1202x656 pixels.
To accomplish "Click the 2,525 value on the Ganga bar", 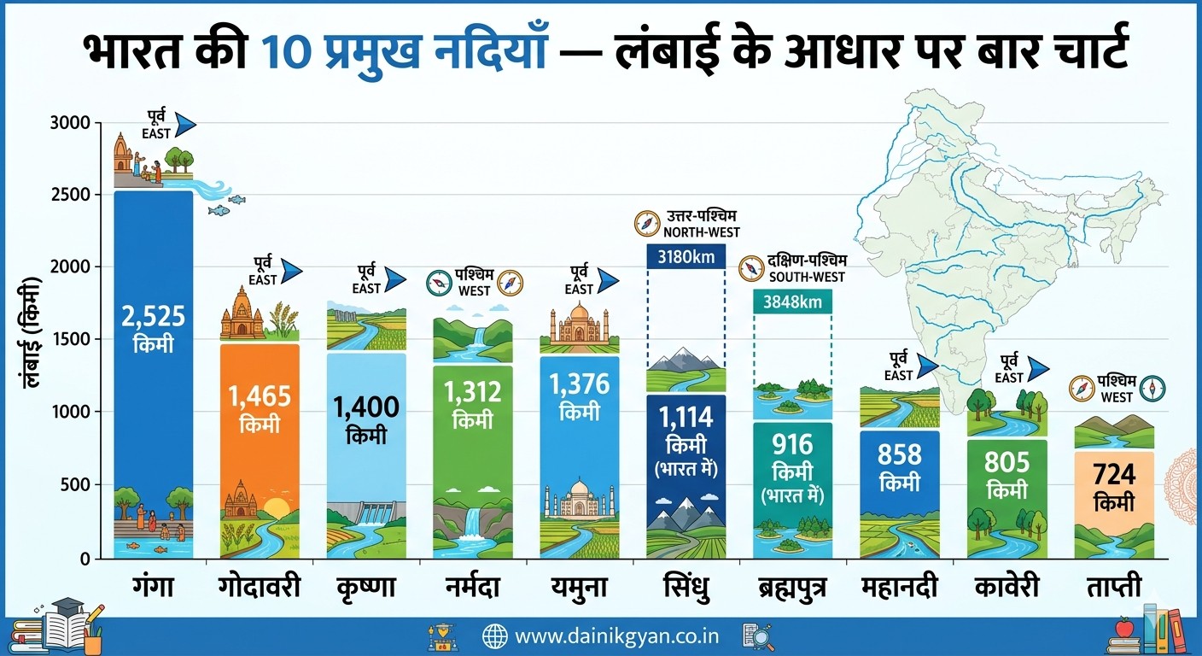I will (154, 316).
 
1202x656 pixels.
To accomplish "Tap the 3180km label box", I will (686, 255).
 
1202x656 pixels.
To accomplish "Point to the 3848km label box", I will (792, 302).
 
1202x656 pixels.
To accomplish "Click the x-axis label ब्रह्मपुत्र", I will (791, 588).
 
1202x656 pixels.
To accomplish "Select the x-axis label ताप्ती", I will (1113, 588).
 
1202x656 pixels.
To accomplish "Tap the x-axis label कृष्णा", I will (366, 588).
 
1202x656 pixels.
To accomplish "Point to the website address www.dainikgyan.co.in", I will (616, 636).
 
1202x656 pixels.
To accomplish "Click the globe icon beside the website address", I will (495, 636).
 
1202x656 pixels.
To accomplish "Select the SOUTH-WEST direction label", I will (807, 278).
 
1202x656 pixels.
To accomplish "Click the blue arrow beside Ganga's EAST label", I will (185, 126).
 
